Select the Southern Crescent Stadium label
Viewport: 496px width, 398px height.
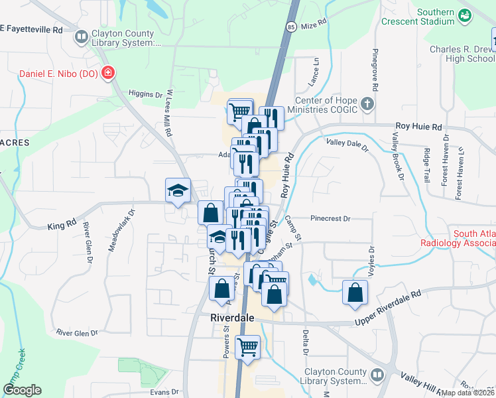click(419, 17)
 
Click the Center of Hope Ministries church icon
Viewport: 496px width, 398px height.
click(368, 104)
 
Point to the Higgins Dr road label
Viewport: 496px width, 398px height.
click(145, 94)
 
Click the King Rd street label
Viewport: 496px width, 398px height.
click(62, 226)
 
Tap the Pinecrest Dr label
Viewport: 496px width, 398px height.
click(330, 218)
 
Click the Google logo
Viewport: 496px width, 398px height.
click(22, 390)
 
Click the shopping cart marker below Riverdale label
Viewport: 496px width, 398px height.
click(247, 346)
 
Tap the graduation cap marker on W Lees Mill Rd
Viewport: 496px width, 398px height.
click(178, 190)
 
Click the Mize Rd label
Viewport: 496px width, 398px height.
click(314, 23)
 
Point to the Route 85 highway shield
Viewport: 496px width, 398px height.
click(291, 27)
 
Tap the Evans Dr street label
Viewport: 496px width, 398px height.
click(165, 392)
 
